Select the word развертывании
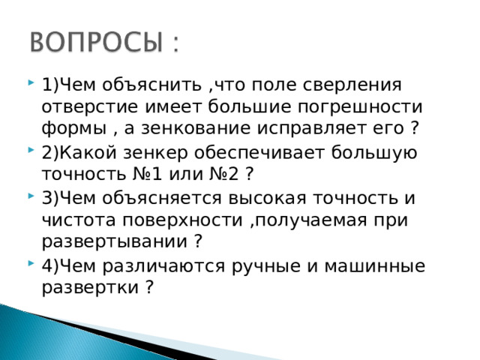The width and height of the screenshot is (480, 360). point(115,242)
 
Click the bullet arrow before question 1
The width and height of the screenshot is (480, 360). point(28,81)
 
